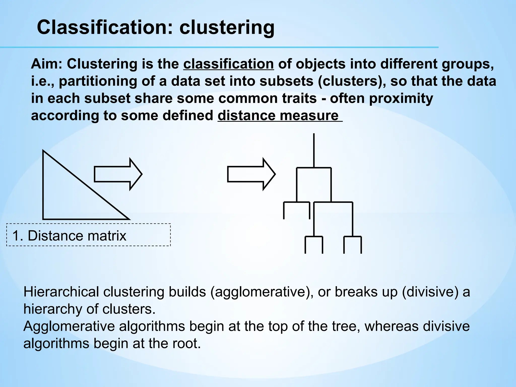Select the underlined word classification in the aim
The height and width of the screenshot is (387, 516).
[x=228, y=64]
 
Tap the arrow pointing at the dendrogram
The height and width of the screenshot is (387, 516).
[x=251, y=174]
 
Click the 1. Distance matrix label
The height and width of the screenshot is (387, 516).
[x=69, y=236]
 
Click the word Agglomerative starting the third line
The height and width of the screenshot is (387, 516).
[x=69, y=326]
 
